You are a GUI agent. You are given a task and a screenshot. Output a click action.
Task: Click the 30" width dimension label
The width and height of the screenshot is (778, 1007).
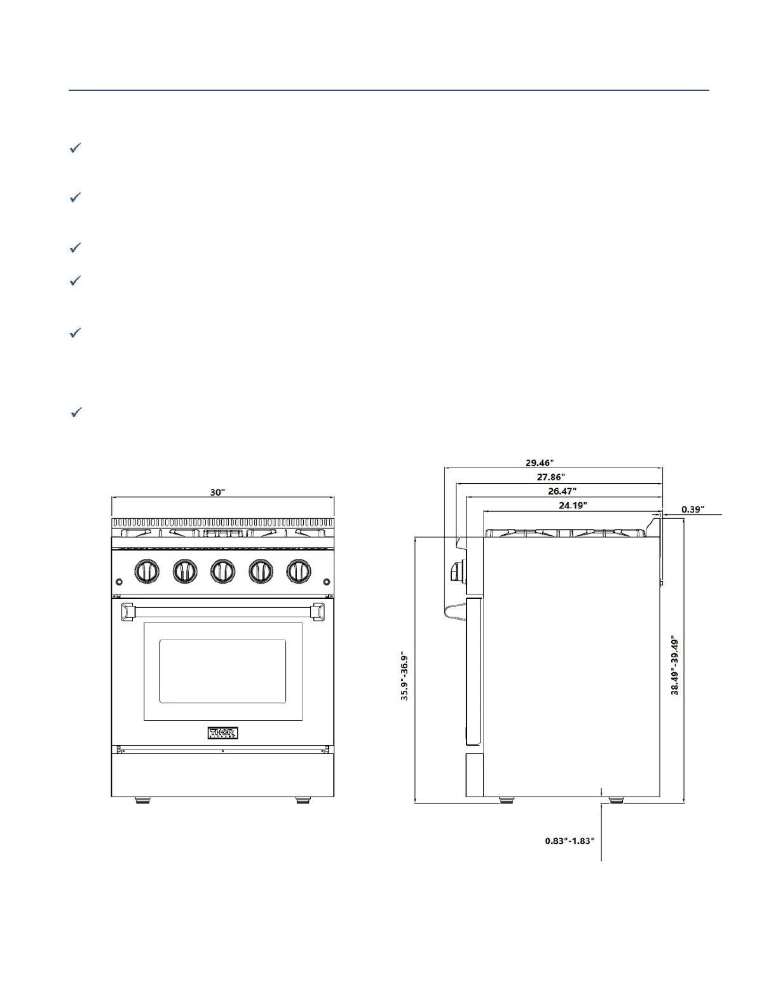(218, 492)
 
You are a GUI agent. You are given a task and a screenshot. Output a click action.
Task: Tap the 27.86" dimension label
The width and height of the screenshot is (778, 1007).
(550, 476)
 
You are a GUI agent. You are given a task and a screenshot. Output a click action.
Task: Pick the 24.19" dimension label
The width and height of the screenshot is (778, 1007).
(573, 505)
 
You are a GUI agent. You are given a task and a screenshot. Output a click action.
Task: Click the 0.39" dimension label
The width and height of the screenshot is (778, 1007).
(693, 509)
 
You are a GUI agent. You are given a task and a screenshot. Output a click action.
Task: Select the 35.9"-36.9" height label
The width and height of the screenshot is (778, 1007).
(404, 675)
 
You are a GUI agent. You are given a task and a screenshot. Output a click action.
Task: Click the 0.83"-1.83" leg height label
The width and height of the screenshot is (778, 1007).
(570, 840)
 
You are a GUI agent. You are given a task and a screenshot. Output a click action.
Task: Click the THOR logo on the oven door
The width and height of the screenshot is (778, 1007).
(222, 733)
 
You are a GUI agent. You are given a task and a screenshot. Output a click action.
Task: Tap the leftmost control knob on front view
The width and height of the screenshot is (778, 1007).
(147, 571)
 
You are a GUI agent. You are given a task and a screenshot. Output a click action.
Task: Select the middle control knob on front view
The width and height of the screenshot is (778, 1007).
(222, 571)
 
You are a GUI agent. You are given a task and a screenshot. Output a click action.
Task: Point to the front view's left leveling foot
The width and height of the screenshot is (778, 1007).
(143, 800)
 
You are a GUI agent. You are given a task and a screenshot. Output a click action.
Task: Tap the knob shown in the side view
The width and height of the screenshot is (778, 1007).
(456, 572)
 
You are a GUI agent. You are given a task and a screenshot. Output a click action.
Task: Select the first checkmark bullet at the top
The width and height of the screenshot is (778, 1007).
(75, 148)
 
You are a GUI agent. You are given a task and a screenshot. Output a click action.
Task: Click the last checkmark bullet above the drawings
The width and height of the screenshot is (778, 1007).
(76, 413)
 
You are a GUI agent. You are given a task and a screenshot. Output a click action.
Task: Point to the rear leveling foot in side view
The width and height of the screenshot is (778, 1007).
(616, 800)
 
